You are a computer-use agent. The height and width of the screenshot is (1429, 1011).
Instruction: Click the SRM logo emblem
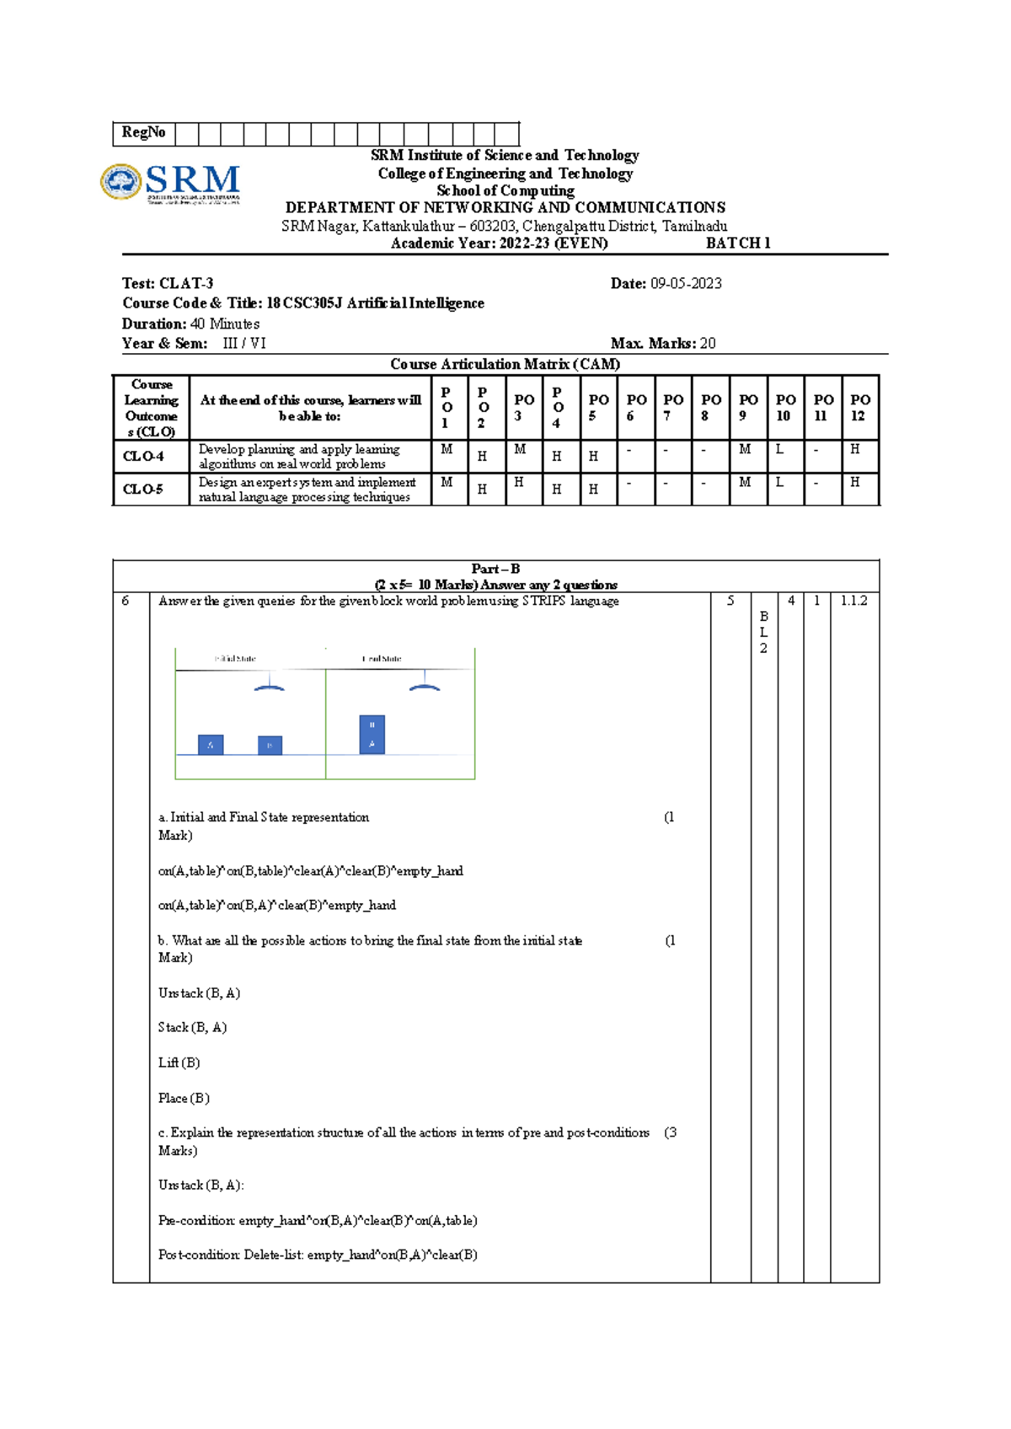[121, 181]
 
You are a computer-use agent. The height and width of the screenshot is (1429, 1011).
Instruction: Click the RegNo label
[143, 132]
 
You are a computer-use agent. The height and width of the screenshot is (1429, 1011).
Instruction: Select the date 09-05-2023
[686, 284]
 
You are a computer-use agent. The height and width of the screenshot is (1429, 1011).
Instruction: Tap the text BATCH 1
[738, 244]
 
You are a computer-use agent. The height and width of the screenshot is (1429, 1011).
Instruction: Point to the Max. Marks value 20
[708, 344]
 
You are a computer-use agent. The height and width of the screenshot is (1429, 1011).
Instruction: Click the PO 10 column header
[785, 408]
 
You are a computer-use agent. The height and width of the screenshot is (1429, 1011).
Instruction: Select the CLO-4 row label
[144, 457]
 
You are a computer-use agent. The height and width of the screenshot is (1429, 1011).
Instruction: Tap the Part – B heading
[495, 569]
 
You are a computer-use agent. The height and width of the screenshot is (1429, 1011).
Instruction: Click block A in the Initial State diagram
[211, 745]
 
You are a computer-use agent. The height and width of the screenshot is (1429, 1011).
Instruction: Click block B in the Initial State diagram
[270, 745]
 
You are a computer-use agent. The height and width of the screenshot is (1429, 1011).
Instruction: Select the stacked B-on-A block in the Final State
[372, 734]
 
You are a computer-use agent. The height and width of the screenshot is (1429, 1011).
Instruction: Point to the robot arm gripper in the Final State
[425, 686]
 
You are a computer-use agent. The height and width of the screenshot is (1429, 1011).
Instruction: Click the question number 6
[126, 602]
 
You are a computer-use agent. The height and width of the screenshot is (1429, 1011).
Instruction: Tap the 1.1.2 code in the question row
[853, 601]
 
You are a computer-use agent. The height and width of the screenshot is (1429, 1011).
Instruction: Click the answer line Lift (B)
[179, 1063]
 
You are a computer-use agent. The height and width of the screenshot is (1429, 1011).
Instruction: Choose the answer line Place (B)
[184, 1099]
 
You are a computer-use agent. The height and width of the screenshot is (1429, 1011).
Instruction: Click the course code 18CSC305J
[304, 303]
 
